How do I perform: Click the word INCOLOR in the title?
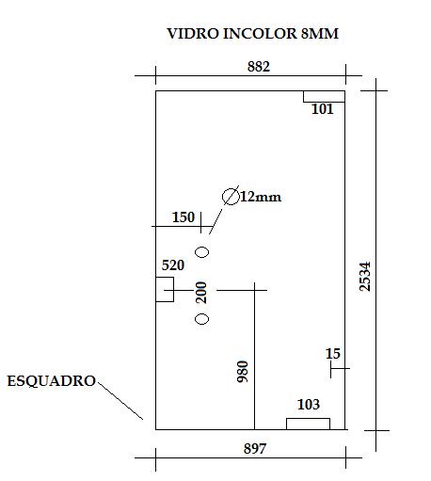click(x=260, y=34)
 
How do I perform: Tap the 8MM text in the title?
click(x=320, y=34)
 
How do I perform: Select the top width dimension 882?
click(x=259, y=67)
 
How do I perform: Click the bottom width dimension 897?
click(x=255, y=448)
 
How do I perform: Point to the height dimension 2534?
click(x=365, y=277)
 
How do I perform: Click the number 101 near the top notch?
click(x=322, y=109)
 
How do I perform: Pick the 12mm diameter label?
click(x=261, y=197)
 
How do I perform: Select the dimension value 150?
click(x=184, y=217)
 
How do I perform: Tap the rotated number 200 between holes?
click(x=201, y=293)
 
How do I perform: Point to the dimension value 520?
click(x=173, y=265)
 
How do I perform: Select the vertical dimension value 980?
click(x=243, y=372)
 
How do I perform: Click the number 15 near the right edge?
click(x=333, y=354)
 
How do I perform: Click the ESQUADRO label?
click(x=51, y=381)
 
